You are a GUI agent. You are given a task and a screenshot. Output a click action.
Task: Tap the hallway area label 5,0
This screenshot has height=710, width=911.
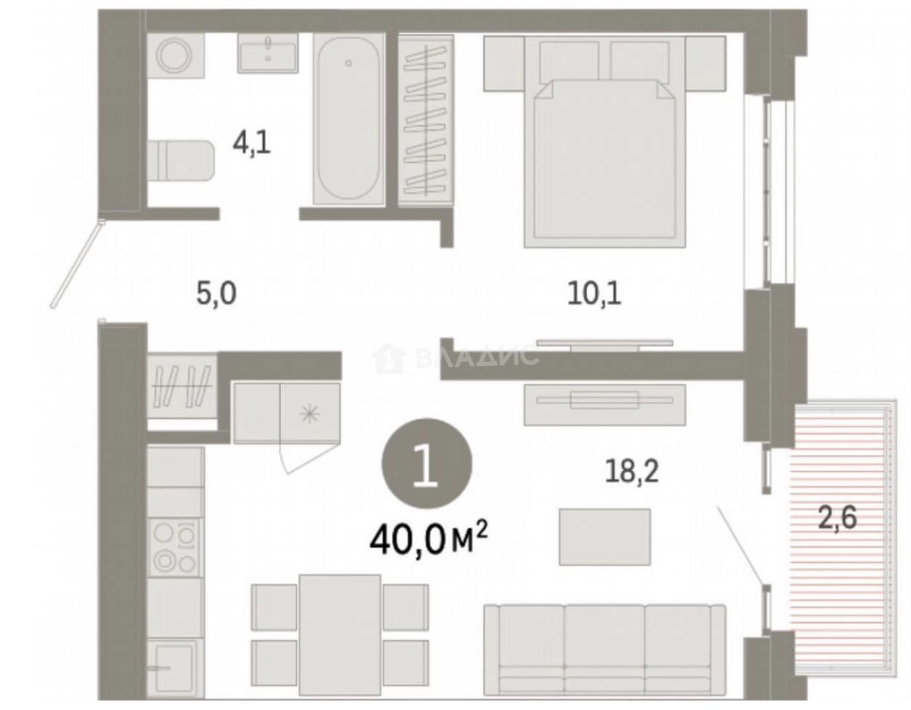(216, 294)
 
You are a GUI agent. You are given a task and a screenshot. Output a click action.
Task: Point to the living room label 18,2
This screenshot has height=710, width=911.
(632, 470)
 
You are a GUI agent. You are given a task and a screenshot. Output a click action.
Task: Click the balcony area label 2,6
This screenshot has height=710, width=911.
(838, 518)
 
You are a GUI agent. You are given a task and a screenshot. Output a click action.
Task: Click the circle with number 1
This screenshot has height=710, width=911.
(426, 464)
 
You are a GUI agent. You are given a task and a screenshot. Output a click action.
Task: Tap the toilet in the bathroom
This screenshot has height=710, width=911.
(180, 161)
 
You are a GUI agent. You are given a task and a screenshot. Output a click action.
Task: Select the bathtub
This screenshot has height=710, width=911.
(349, 119)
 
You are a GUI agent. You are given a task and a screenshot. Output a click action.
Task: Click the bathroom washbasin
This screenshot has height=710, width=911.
(268, 53)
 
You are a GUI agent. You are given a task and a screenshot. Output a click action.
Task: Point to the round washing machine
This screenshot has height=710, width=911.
(175, 55)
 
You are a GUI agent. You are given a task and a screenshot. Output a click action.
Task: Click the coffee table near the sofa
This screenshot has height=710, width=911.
(604, 537)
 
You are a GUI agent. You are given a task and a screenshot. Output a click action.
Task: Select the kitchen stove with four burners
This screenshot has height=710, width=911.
(175, 548)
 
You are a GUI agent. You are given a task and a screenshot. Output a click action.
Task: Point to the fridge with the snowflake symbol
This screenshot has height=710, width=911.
(309, 413)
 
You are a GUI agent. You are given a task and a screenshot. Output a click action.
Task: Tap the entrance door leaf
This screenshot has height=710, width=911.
(77, 265)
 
